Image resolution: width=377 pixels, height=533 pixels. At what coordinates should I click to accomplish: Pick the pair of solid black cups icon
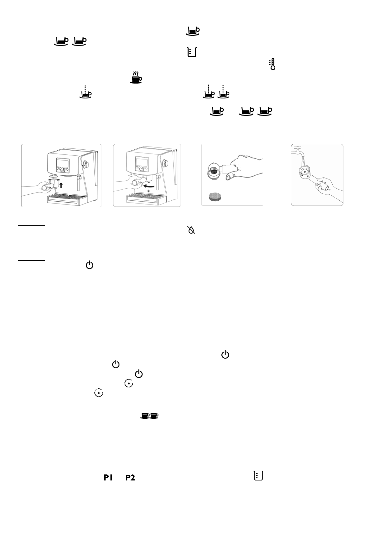(x=150, y=416)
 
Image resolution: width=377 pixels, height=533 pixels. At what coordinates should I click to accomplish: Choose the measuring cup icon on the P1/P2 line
(x=259, y=476)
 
